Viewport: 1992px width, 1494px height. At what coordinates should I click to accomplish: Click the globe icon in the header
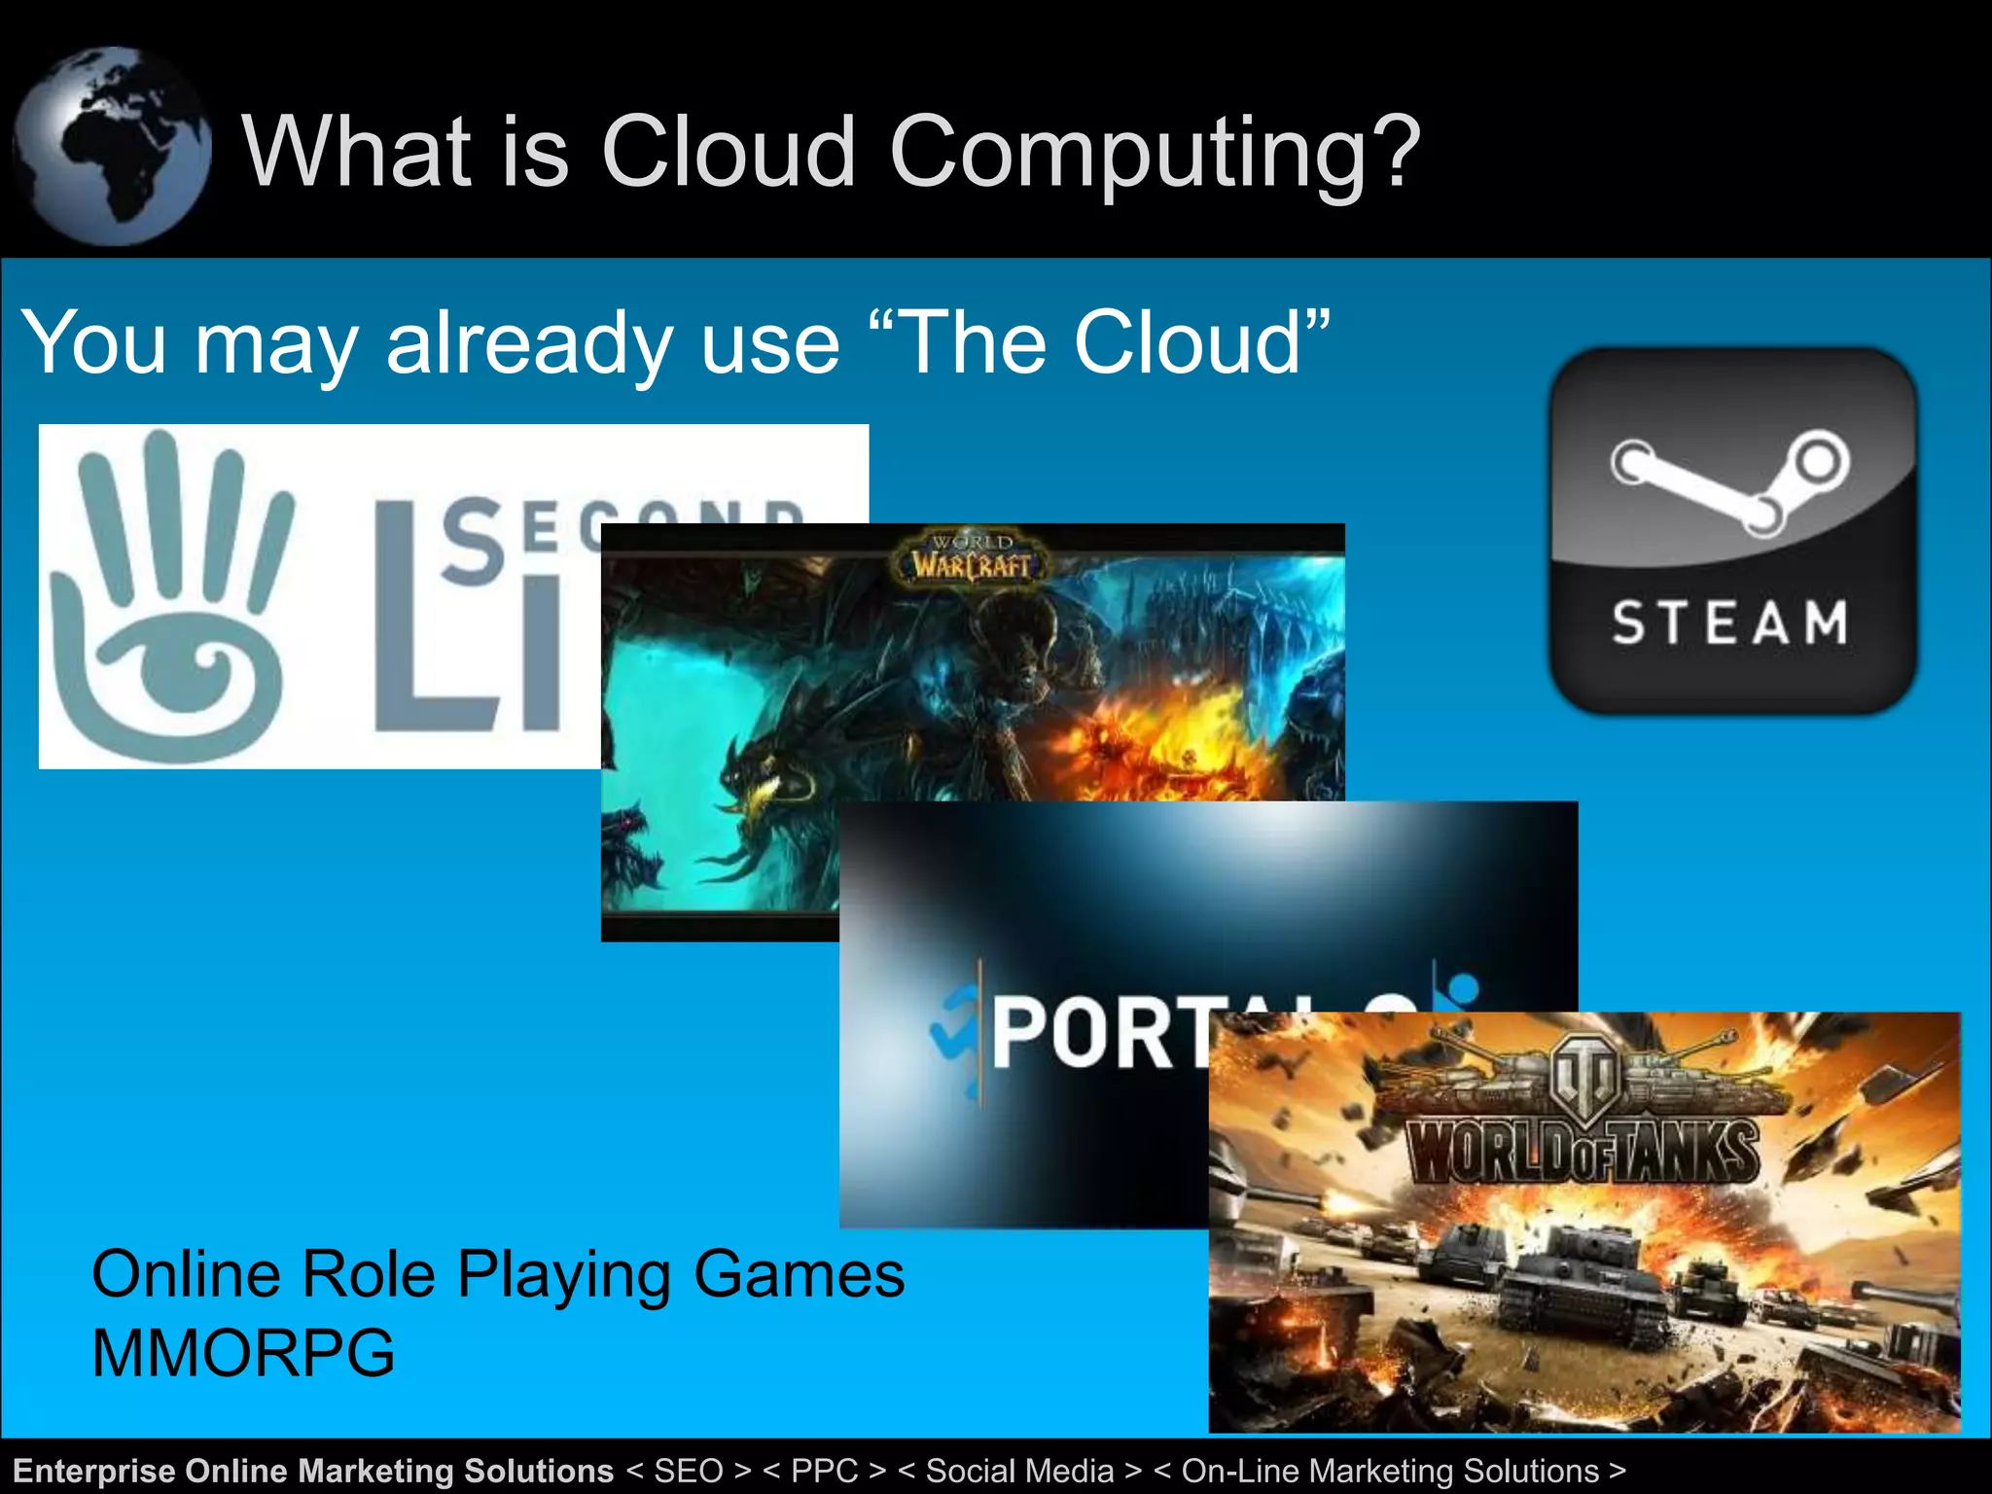[112, 146]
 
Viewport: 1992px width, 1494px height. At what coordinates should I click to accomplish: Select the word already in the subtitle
[531, 342]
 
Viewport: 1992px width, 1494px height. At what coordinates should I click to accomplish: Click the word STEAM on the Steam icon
[1729, 622]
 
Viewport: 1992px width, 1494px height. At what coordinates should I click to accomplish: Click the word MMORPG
[243, 1353]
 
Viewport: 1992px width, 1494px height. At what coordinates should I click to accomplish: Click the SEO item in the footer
[689, 1471]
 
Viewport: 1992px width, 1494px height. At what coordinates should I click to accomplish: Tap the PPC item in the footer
[825, 1471]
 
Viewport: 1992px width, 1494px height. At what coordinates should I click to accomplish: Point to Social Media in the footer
[1019, 1471]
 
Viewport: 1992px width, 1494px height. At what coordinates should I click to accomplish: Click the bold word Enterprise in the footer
[94, 1471]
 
